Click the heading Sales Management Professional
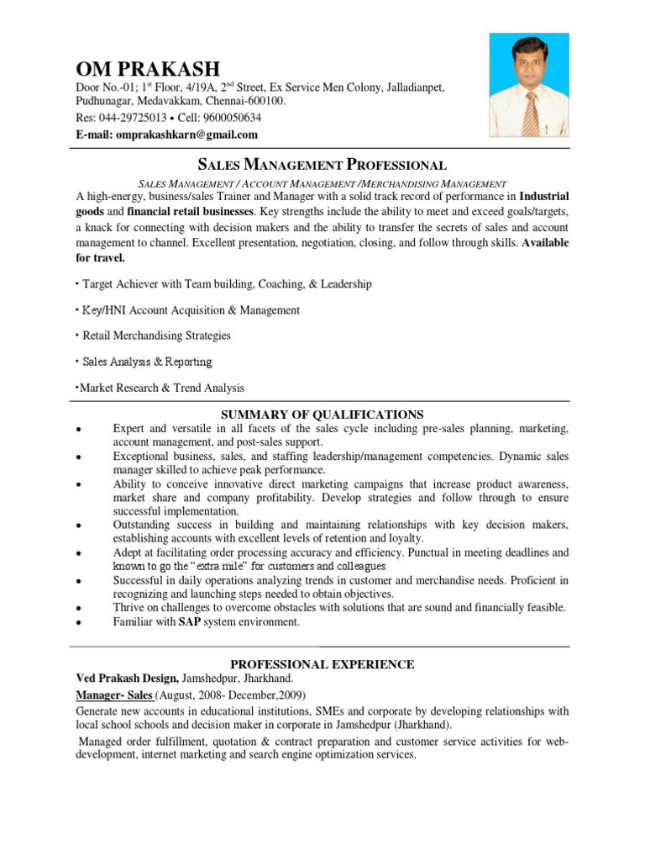[x=322, y=165]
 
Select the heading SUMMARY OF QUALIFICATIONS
[x=322, y=415]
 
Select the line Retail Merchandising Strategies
[x=156, y=335]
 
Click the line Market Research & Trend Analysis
[x=161, y=388]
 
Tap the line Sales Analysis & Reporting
[x=147, y=362]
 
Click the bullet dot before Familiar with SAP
[x=78, y=623]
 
